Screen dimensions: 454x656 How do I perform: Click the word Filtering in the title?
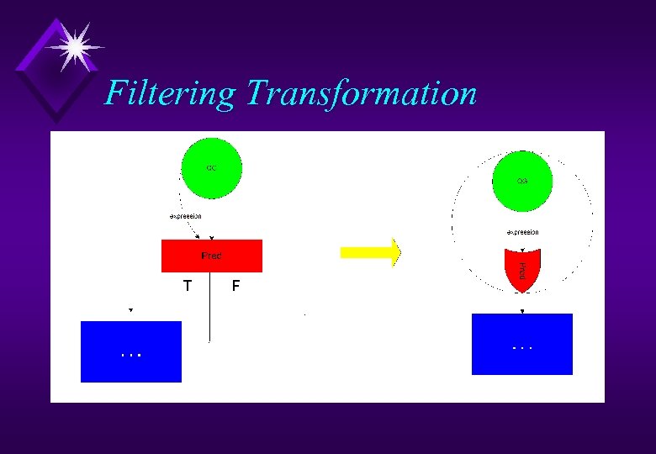(x=169, y=92)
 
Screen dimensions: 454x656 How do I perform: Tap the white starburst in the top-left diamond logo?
(x=74, y=47)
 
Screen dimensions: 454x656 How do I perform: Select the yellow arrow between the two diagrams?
(x=370, y=251)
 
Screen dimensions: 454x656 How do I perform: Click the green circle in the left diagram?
(x=212, y=168)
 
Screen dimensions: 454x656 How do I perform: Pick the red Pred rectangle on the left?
(x=211, y=256)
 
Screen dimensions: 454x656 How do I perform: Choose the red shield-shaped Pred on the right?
(x=521, y=270)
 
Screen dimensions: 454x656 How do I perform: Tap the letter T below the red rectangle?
(x=188, y=286)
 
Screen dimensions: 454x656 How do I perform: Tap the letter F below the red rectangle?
(x=235, y=286)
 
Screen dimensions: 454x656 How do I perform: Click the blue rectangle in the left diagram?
(x=130, y=351)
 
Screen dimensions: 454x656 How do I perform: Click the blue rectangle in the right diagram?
(x=521, y=344)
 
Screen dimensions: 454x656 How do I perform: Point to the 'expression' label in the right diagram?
(x=521, y=232)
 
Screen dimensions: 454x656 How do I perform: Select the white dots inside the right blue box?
(x=522, y=346)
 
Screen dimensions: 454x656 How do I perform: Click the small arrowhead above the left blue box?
(x=130, y=310)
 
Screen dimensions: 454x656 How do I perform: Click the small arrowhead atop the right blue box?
(x=521, y=311)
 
